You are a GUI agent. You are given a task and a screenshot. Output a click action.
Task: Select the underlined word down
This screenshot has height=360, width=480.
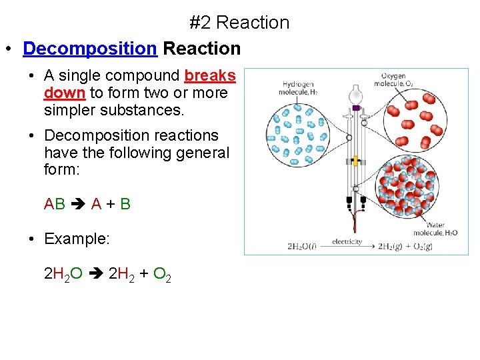coord(65,93)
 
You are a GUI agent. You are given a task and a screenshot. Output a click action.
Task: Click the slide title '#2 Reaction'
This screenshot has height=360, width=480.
coord(239,23)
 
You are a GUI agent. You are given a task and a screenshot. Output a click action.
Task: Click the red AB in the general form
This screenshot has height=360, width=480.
coord(55,204)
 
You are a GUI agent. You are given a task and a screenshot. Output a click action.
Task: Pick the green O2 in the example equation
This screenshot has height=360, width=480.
coord(162,274)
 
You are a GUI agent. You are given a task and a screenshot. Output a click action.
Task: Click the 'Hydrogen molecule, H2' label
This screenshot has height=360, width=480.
coord(299,88)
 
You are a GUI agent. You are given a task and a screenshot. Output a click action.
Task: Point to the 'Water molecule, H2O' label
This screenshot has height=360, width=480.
coord(435,229)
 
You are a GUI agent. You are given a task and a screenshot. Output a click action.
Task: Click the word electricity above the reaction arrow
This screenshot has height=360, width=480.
coord(346,242)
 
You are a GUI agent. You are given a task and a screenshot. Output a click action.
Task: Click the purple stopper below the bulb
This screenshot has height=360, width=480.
coord(356,107)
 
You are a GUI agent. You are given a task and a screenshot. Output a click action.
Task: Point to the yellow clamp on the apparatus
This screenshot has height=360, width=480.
coord(356,161)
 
